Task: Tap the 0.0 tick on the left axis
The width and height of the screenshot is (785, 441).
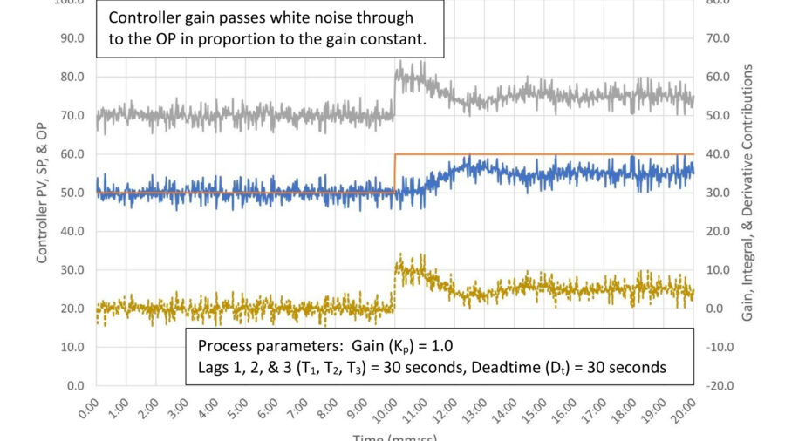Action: [x=75, y=385]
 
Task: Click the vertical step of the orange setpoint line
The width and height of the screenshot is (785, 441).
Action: [x=395, y=173]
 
